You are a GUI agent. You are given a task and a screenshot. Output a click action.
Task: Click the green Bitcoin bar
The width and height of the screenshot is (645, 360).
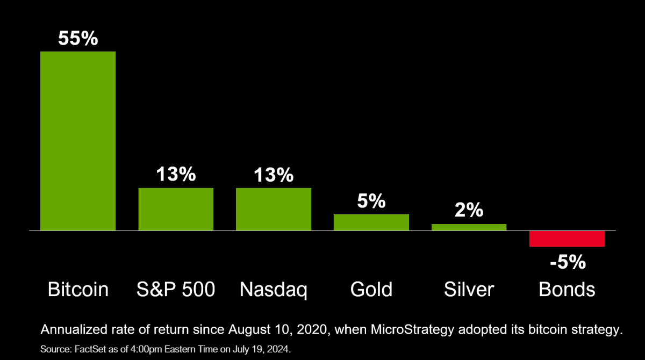[78, 141]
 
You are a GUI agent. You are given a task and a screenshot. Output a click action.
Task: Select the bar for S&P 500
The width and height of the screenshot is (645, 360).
[176, 209]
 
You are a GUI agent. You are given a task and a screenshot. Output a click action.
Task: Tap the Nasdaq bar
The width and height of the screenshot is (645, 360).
[274, 209]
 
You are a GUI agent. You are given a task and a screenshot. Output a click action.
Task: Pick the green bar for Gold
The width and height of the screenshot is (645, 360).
[371, 222]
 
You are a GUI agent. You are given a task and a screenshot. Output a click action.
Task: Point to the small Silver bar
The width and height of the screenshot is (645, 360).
[469, 227]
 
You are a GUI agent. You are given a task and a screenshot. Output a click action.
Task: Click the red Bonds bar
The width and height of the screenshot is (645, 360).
[567, 239]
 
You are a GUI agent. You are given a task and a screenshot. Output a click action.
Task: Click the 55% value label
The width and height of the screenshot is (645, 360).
[78, 38]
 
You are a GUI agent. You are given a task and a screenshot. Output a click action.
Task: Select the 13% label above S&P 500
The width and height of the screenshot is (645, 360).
[176, 175]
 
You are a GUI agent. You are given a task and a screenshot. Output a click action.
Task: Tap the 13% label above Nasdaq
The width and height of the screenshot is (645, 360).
[274, 175]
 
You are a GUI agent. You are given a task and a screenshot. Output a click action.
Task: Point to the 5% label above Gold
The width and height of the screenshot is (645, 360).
[371, 201]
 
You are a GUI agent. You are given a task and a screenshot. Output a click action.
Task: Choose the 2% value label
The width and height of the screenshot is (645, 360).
[469, 211]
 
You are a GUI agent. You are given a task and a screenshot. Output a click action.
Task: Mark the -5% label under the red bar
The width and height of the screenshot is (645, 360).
[567, 263]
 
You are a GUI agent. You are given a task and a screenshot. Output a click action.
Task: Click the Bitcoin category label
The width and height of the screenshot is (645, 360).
[78, 290]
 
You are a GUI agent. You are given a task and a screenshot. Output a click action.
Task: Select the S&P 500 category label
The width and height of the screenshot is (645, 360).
[176, 290]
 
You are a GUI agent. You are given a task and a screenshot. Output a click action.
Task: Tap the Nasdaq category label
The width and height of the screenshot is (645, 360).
[274, 290]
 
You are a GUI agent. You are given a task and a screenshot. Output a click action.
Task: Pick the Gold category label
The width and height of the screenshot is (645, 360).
[371, 290]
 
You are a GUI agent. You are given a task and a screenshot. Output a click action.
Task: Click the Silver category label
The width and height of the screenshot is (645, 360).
[469, 290]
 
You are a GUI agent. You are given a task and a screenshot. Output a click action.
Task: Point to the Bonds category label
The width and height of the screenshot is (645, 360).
[567, 290]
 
